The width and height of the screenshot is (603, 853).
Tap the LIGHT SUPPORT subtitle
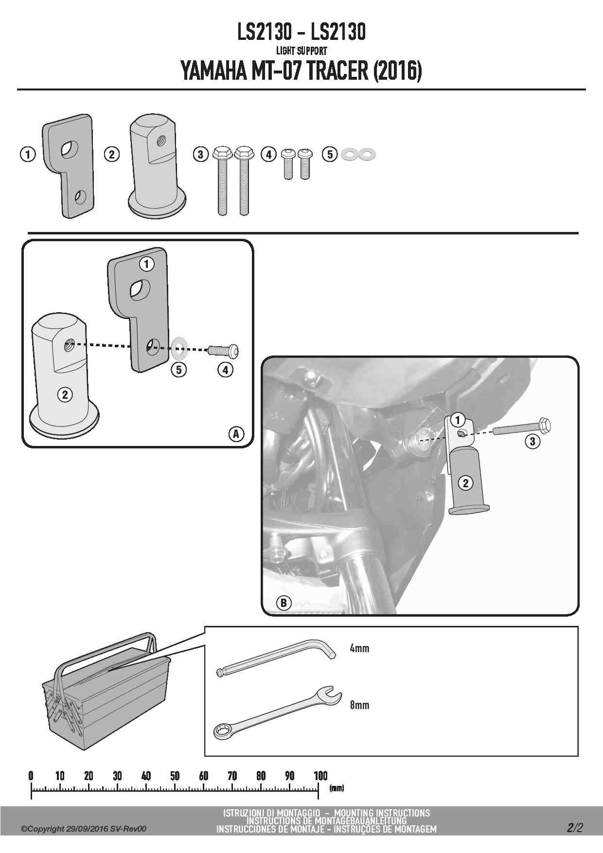301,50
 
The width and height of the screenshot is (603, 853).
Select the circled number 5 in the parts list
330,155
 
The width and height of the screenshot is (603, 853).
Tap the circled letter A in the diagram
236,433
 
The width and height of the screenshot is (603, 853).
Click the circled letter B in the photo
284,604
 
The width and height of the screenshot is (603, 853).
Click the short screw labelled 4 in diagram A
224,350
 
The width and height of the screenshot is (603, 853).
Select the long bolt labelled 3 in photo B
523,428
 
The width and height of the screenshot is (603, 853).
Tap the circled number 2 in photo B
466,483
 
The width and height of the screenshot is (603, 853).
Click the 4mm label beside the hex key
359,648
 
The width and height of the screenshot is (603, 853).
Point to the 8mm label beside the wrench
359,705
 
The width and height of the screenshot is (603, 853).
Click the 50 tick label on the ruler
175,776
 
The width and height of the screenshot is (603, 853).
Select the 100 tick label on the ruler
321,776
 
